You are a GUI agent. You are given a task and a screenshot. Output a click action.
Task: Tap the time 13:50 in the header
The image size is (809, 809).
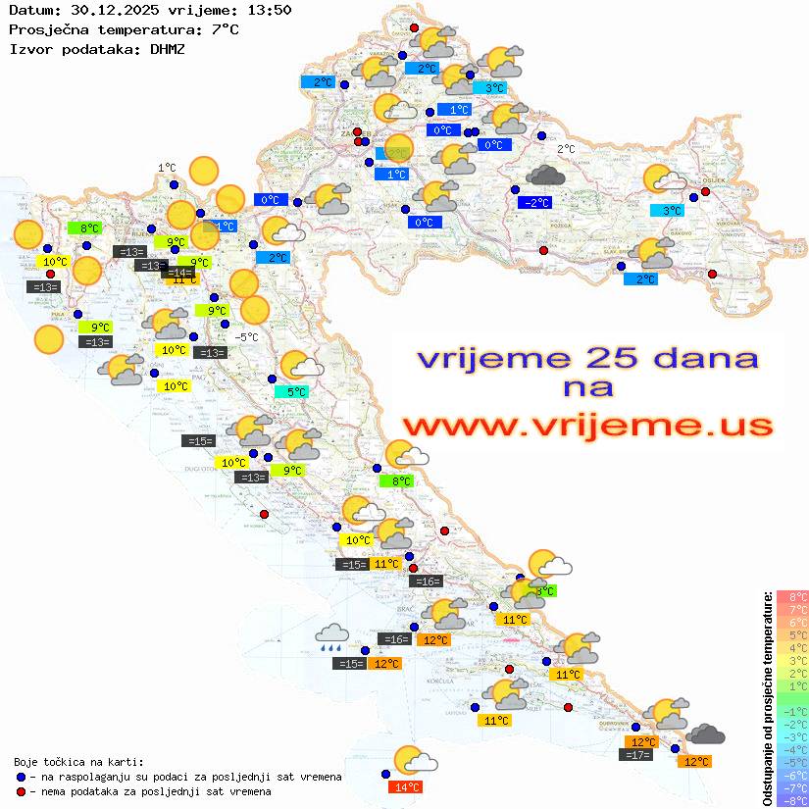click(266, 10)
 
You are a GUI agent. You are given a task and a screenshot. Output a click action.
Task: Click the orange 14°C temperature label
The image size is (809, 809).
click(406, 786)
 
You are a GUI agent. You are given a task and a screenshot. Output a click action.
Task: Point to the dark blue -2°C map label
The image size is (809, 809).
click(535, 203)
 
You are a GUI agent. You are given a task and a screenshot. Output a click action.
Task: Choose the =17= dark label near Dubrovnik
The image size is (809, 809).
click(636, 755)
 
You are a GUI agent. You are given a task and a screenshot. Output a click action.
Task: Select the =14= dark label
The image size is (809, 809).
click(178, 273)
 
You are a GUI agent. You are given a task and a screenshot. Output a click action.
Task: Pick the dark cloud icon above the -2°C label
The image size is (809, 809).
click(545, 177)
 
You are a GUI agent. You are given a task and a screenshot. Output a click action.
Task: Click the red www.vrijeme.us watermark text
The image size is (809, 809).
click(587, 426)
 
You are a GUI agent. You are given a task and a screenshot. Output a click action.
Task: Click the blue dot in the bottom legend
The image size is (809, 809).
click(21, 777)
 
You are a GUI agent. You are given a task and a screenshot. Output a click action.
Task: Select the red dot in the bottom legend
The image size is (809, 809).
click(21, 791)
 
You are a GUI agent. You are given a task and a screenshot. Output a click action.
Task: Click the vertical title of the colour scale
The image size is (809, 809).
click(767, 698)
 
